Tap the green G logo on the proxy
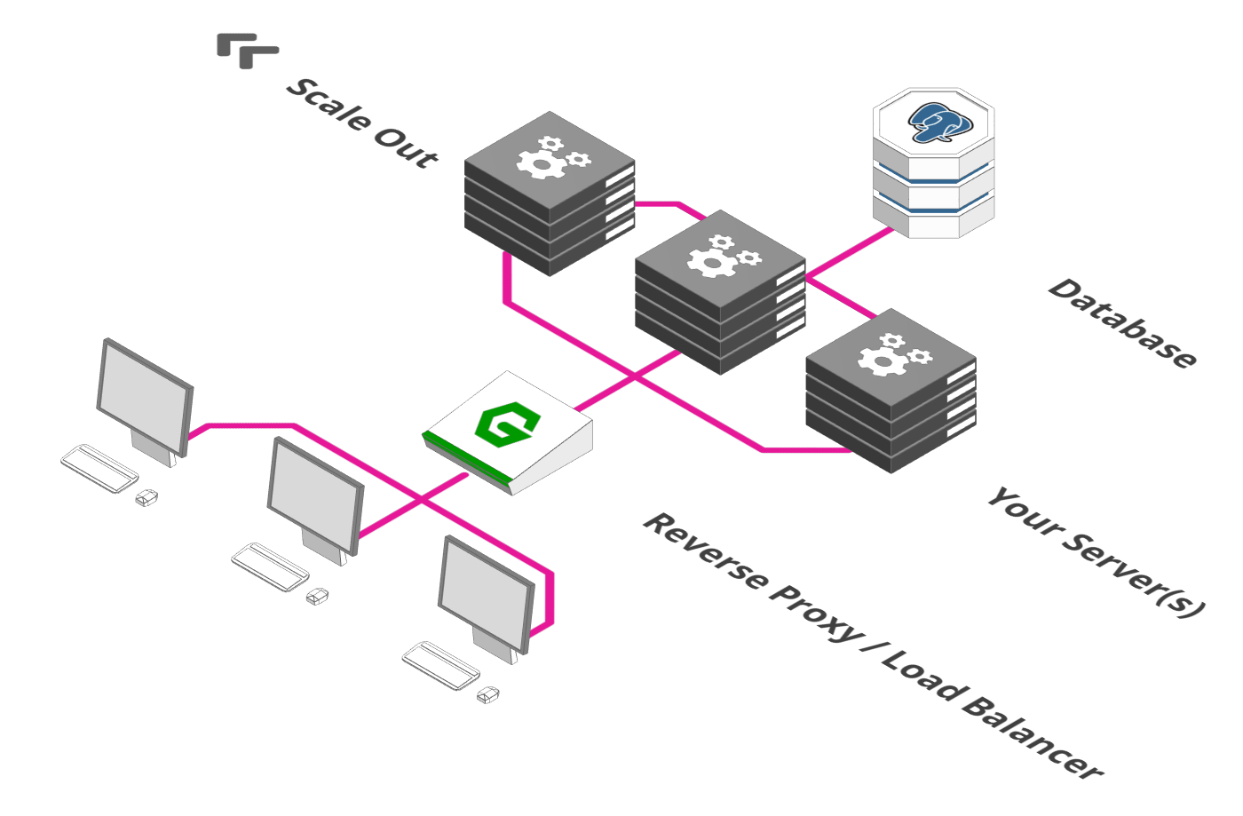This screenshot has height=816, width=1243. tap(507, 424)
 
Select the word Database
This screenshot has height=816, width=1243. tap(1122, 323)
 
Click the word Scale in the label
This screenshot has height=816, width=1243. tap(329, 105)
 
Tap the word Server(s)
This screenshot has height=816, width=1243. tap(1132, 575)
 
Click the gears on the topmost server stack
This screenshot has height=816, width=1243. tap(552, 158)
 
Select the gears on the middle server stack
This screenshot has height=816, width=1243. tap(724, 256)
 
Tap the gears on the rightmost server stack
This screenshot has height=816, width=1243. tap(894, 354)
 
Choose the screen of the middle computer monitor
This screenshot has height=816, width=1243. tap(316, 496)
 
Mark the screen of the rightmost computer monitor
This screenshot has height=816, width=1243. tap(487, 595)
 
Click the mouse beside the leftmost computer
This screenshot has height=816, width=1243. tap(146, 497)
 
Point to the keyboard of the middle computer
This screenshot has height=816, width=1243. tap(270, 566)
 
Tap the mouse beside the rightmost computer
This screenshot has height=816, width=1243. tap(487, 694)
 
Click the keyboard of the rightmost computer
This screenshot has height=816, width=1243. tap(440, 666)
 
